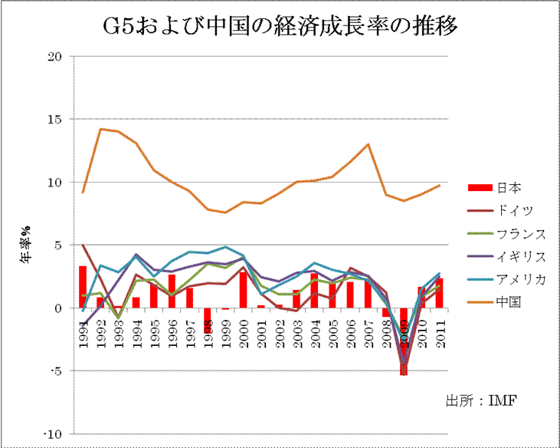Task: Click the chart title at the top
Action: click(280, 28)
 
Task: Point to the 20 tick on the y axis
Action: click(54, 57)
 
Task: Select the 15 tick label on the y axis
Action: click(54, 120)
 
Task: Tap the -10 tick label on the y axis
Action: click(51, 435)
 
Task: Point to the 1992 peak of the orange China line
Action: click(100, 129)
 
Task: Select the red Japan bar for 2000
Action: click(243, 290)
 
